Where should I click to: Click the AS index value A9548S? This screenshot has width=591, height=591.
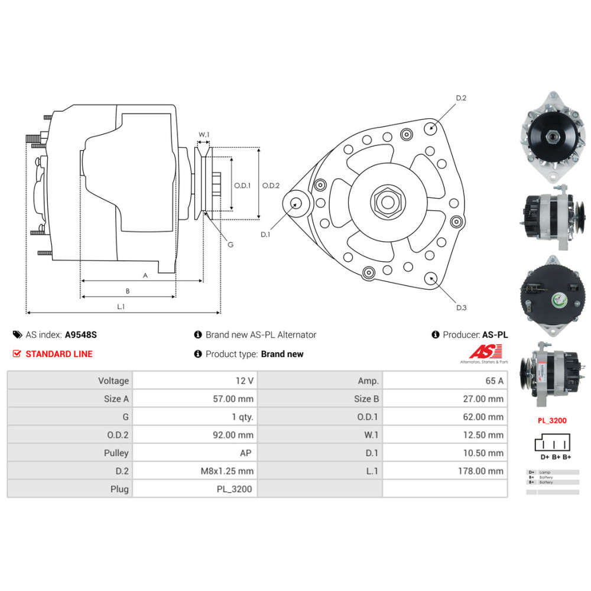tap(80, 335)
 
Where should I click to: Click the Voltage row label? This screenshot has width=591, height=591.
tap(113, 381)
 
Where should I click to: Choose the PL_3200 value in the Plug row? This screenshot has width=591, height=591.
tap(235, 489)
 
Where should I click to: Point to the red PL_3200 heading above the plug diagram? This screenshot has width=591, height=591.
tap(551, 421)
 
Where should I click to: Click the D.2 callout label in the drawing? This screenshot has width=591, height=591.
tap(461, 98)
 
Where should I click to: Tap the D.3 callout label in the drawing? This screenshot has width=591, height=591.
tap(461, 307)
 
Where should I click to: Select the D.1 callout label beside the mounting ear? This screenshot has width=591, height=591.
tap(265, 234)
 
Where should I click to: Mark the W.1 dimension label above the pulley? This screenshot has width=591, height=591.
tap(204, 135)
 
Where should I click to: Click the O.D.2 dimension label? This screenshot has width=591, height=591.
tap(271, 185)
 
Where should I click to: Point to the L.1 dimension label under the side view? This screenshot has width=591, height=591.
tap(121, 306)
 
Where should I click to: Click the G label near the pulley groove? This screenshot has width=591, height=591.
tap(230, 244)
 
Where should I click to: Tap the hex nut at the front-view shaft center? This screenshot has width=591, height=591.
tap(387, 202)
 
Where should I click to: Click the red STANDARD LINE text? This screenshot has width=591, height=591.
tap(59, 354)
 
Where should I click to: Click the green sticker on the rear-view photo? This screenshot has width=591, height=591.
tap(558, 301)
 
